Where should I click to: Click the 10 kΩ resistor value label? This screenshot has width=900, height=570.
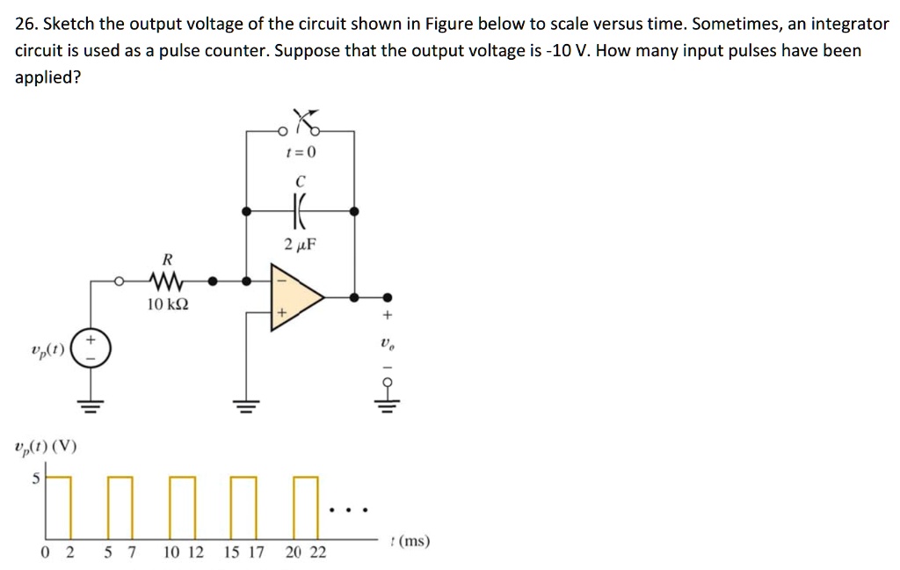[x=167, y=304]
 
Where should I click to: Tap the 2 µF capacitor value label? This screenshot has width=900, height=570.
[x=300, y=244]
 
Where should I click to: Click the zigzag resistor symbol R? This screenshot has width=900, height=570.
[x=165, y=282]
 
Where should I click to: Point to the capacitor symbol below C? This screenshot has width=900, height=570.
[x=300, y=212]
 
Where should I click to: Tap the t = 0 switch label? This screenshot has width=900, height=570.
[x=300, y=152]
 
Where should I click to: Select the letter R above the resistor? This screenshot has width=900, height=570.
[x=167, y=259]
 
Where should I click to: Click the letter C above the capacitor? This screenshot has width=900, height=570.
[x=300, y=180]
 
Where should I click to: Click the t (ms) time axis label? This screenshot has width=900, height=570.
[x=410, y=541]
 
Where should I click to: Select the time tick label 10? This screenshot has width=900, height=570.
[x=171, y=552]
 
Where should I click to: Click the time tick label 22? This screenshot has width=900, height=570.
[x=317, y=552]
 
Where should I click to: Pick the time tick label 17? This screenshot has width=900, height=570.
[x=257, y=552]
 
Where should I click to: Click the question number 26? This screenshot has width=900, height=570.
[x=27, y=24]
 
